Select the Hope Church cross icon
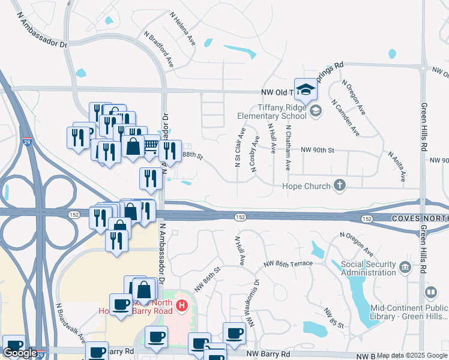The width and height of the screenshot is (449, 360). (x=340, y=186)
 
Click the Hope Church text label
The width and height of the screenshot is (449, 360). (x=306, y=187)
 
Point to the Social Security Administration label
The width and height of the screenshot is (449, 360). (x=369, y=268)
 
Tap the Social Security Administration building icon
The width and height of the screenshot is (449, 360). (x=405, y=266)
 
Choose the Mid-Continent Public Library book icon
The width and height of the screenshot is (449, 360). (x=430, y=293)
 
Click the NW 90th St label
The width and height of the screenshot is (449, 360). (x=317, y=149)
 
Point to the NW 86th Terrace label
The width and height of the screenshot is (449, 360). (x=288, y=263)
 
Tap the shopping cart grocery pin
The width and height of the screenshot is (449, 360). (x=151, y=145)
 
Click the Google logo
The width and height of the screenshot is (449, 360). (x=20, y=353)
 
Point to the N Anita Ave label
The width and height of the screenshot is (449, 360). (x=396, y=166)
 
